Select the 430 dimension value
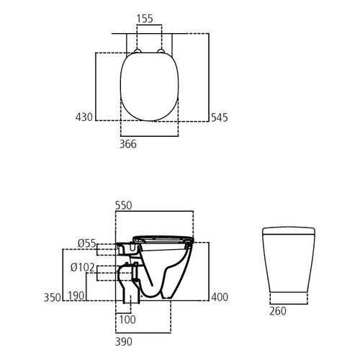84,117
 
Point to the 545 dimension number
219,117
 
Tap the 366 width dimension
128,144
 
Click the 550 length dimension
125,205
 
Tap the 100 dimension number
127,319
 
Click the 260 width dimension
278,312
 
